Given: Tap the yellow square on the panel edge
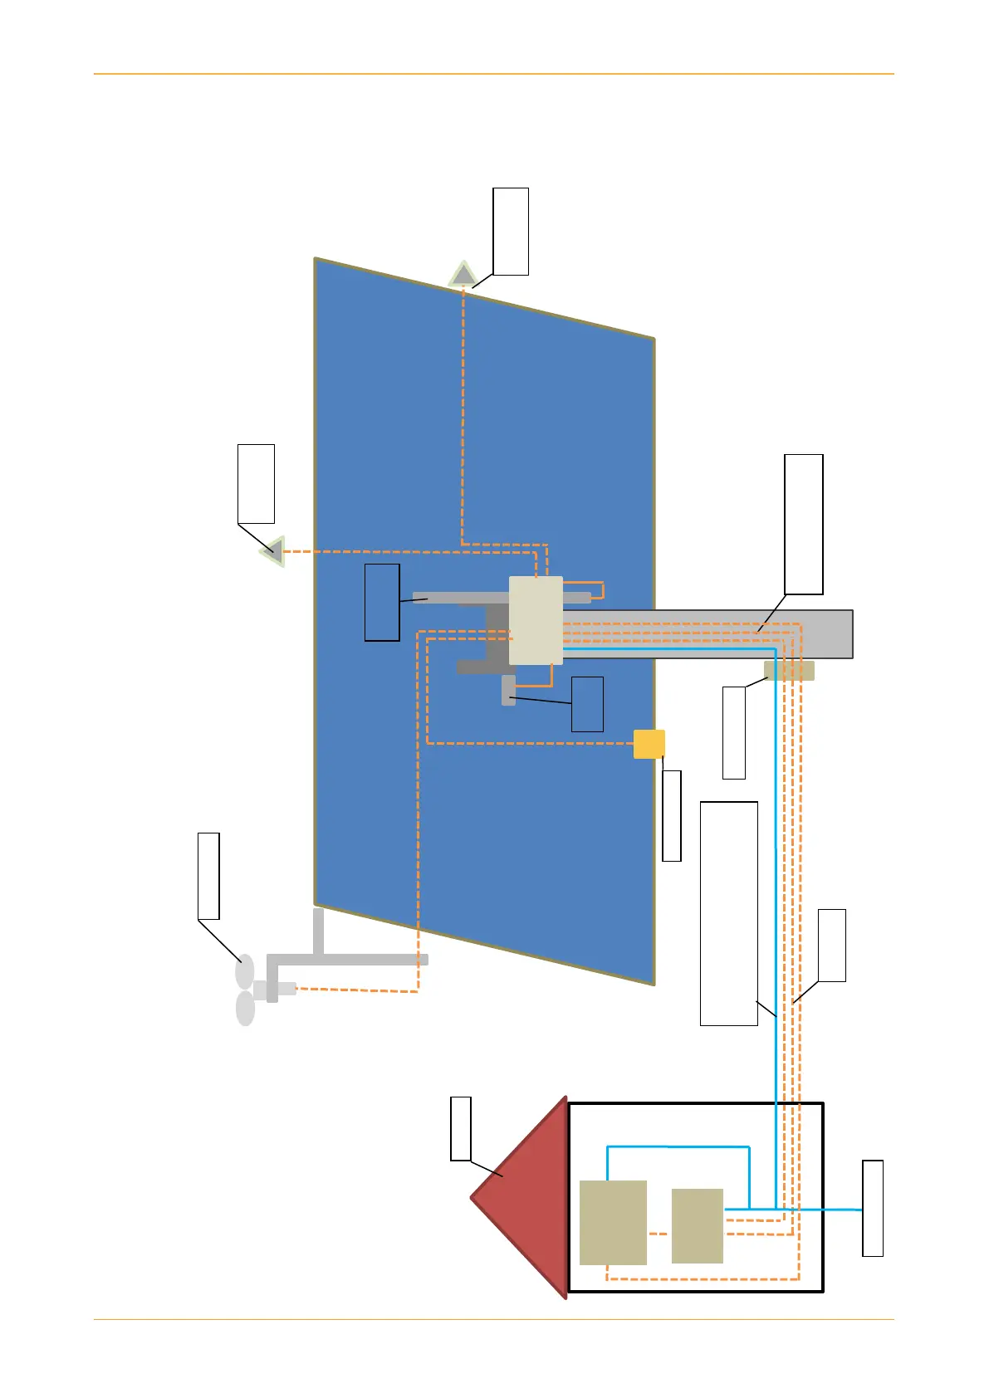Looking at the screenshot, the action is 649,744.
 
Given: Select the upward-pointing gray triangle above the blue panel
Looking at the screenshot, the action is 463,274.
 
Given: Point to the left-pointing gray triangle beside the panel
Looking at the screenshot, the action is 273,551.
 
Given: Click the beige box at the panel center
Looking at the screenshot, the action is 536,620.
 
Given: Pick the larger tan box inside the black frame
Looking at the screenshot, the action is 613,1222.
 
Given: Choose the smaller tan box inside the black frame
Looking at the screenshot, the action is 697,1226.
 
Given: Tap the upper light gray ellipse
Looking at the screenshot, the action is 245,971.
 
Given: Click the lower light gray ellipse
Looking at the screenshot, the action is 246,1009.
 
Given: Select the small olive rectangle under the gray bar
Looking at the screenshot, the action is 789,671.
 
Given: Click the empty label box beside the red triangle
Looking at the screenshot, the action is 461,1128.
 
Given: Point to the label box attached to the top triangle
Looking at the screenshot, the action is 511,231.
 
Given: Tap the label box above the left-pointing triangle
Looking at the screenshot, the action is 256,484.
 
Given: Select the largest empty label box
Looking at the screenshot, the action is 729,913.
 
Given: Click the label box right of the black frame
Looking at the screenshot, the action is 873,1208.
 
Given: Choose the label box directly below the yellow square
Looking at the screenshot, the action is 672,815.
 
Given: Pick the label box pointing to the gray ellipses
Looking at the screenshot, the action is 208,876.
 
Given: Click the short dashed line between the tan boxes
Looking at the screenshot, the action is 659,1234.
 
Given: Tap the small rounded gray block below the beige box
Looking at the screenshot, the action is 508,691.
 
